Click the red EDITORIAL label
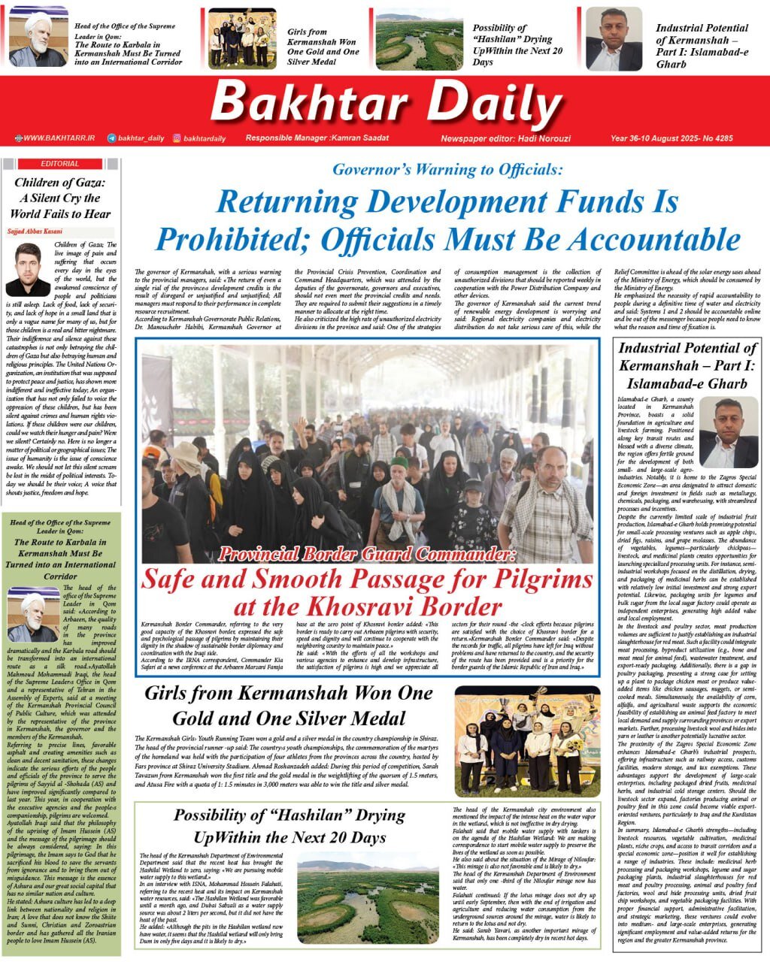pyautogui.click(x=59, y=164)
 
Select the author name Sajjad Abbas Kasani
pyautogui.click(x=36, y=231)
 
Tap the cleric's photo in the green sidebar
pyautogui.click(x=32, y=614)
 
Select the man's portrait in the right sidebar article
pyautogui.click(x=728, y=433)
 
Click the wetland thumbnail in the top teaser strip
pyautogui.click(x=408, y=40)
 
